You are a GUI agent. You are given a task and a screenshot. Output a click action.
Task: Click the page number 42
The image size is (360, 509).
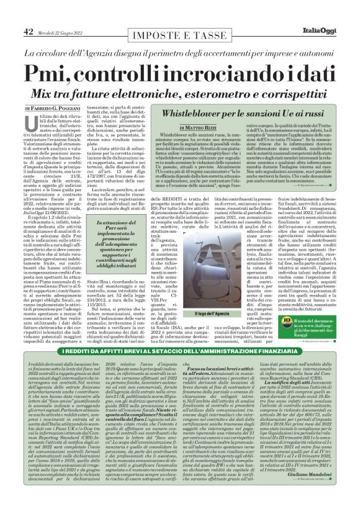click(29, 31)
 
